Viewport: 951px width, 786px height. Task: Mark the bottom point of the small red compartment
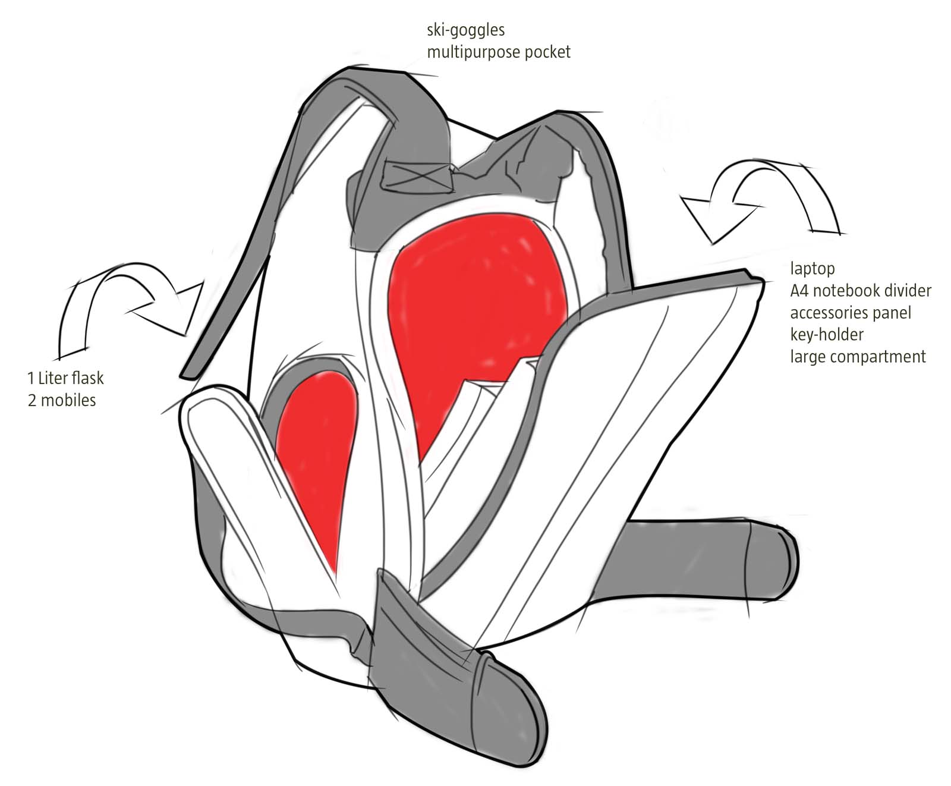coord(335,576)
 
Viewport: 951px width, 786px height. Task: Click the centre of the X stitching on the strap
coord(415,176)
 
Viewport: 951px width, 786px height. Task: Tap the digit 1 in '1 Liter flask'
coord(30,378)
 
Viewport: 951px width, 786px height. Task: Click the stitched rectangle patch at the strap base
coord(415,176)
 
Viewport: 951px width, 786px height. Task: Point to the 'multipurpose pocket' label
coord(499,52)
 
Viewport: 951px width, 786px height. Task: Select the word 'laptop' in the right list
coord(812,269)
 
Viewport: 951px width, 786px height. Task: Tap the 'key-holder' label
coord(826,335)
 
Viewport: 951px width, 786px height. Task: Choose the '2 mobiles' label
coord(62,400)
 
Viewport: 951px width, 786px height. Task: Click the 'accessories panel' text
coord(850,313)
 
